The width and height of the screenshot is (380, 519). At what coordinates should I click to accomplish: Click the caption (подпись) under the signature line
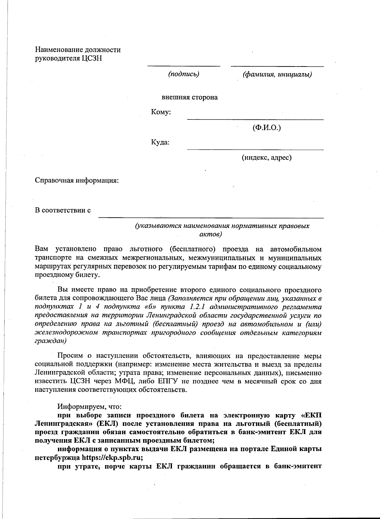[183, 74]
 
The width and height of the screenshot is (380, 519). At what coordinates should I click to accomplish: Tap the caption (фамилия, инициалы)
[277, 74]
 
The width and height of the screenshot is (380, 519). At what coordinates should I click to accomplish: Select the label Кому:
[161, 112]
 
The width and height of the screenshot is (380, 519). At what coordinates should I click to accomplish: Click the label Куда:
[160, 142]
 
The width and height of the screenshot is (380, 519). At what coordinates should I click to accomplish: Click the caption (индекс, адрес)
[267, 157]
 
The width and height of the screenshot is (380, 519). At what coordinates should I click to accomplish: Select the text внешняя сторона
[189, 97]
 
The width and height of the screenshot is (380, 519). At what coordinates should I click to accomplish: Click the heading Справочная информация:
[77, 181]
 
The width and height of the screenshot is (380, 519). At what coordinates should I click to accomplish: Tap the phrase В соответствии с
[63, 210]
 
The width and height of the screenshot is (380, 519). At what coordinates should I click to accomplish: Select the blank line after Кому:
[255, 119]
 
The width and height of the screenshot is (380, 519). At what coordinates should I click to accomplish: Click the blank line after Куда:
[255, 149]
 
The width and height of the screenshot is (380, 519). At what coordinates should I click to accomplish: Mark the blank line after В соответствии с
[211, 218]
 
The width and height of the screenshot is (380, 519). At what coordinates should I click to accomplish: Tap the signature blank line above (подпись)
[183, 66]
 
